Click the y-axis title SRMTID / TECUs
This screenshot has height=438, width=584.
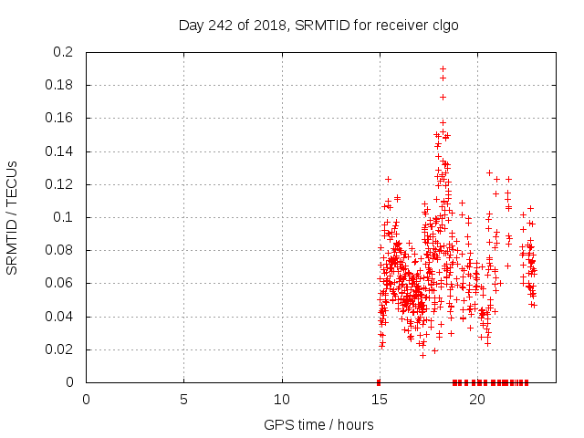(x=13, y=217)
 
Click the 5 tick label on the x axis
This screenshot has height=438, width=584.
(x=183, y=400)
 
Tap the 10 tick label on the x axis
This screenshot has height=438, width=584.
(x=282, y=400)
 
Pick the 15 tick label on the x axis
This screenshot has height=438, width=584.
(x=380, y=400)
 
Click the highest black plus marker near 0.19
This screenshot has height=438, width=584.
(x=443, y=68)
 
